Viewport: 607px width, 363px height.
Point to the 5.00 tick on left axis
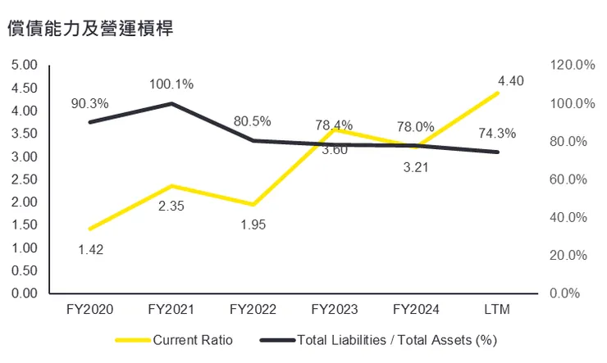click(x=26, y=65)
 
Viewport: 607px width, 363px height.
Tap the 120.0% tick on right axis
click(x=571, y=65)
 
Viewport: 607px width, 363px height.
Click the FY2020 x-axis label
click(x=89, y=310)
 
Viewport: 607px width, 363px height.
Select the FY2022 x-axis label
click(x=253, y=310)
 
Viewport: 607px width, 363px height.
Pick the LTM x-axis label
click(x=498, y=310)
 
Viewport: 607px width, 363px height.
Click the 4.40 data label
click(x=510, y=80)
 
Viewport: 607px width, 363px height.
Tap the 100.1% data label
click(x=171, y=84)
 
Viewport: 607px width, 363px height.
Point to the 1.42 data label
click(x=90, y=249)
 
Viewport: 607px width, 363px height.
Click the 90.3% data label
click(x=89, y=103)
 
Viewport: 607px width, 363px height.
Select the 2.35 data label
click(x=171, y=206)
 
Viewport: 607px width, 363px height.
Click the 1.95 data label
click(x=253, y=224)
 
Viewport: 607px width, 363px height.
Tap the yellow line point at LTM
click(x=498, y=93)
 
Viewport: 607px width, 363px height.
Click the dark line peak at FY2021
click(x=171, y=103)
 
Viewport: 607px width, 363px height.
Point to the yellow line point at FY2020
click(x=89, y=229)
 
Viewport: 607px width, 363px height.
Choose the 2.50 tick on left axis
click(x=26, y=179)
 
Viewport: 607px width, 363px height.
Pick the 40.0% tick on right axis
click(x=571, y=217)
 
